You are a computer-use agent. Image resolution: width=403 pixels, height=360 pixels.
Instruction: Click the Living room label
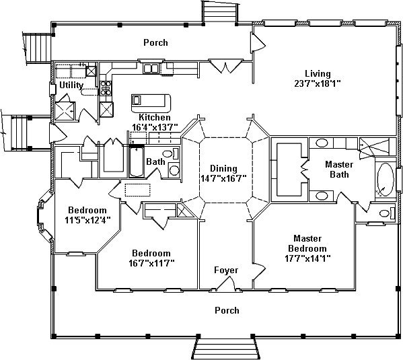point(318,74)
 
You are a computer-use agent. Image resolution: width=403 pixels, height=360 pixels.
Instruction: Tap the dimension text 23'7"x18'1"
point(318,83)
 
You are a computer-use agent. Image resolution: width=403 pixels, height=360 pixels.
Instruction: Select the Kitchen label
point(155,118)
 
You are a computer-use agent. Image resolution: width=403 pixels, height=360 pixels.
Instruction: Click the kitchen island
point(151,104)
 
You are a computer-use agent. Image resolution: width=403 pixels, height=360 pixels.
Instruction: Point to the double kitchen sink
point(151,69)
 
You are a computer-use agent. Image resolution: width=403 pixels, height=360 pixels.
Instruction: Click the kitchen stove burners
point(106,87)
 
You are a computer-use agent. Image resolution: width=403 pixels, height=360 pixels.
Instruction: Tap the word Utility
point(71,85)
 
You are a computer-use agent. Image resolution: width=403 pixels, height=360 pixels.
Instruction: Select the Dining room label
point(223,168)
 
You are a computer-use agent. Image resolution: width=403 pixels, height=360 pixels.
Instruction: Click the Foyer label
point(226,271)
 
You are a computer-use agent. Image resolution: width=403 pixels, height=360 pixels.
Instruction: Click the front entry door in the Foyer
point(226,283)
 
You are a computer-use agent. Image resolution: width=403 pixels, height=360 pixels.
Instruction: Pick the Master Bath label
point(339,169)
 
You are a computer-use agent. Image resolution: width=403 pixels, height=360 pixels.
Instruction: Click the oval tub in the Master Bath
point(386,180)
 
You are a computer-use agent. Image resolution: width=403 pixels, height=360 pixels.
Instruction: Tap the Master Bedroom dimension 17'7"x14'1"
point(307,258)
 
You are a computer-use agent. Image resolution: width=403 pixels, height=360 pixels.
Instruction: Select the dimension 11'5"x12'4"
point(87,220)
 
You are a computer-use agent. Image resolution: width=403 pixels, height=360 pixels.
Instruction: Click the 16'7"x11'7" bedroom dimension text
point(151,263)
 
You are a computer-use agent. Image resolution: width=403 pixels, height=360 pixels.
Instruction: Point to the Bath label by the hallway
point(155,161)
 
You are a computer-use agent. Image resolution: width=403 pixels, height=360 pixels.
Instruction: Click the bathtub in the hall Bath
point(136,161)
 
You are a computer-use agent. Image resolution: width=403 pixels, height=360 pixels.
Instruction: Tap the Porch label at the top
point(155,42)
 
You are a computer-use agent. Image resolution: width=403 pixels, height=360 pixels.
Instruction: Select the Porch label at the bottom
point(227,310)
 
